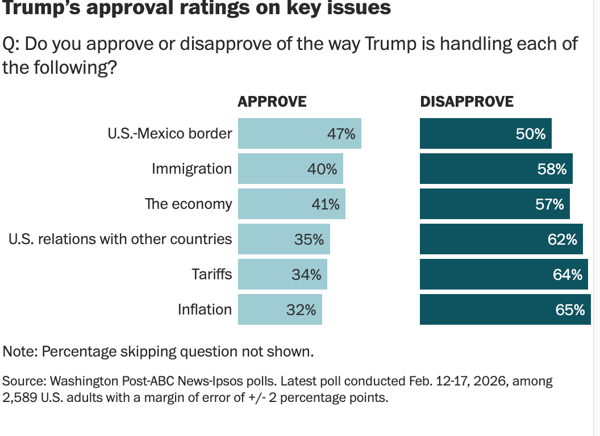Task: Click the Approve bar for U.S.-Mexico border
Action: pyautogui.click(x=299, y=133)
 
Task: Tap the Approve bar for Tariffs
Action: pyautogui.click(x=282, y=275)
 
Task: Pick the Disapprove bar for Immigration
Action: pyautogui.click(x=496, y=169)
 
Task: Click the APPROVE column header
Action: pyautogui.click(x=272, y=102)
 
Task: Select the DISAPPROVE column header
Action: pyautogui.click(x=466, y=102)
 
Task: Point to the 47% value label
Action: pyautogui.click(x=341, y=134)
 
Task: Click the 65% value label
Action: pyautogui.click(x=570, y=310)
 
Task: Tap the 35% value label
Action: pyautogui.click(x=309, y=240)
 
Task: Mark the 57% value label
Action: pyautogui.click(x=549, y=204)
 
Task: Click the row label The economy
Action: pyautogui.click(x=189, y=204)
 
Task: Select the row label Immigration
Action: pyautogui.click(x=191, y=169)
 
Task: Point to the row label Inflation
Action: pyautogui.click(x=205, y=309)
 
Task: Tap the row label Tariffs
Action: pyautogui.click(x=211, y=274)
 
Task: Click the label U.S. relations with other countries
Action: pyautogui.click(x=120, y=239)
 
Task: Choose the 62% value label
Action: pyautogui.click(x=562, y=240)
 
